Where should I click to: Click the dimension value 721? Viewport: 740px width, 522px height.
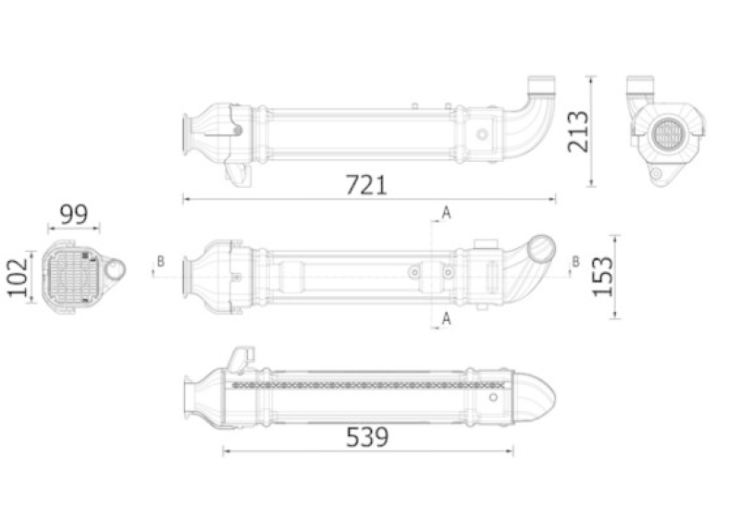click(x=366, y=185)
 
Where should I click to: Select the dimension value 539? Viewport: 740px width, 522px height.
click(x=367, y=437)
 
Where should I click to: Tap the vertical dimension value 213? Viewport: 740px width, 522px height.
click(x=578, y=131)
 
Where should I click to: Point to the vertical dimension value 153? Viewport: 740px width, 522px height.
click(x=603, y=277)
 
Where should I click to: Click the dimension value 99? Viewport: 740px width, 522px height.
click(x=74, y=215)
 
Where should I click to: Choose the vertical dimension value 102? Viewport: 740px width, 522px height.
click(x=18, y=278)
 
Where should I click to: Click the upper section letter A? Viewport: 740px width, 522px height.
click(x=446, y=213)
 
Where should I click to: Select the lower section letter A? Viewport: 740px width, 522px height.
click(x=446, y=319)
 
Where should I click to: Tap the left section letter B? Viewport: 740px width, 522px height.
click(x=161, y=261)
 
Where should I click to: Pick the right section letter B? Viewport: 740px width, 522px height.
click(x=575, y=261)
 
